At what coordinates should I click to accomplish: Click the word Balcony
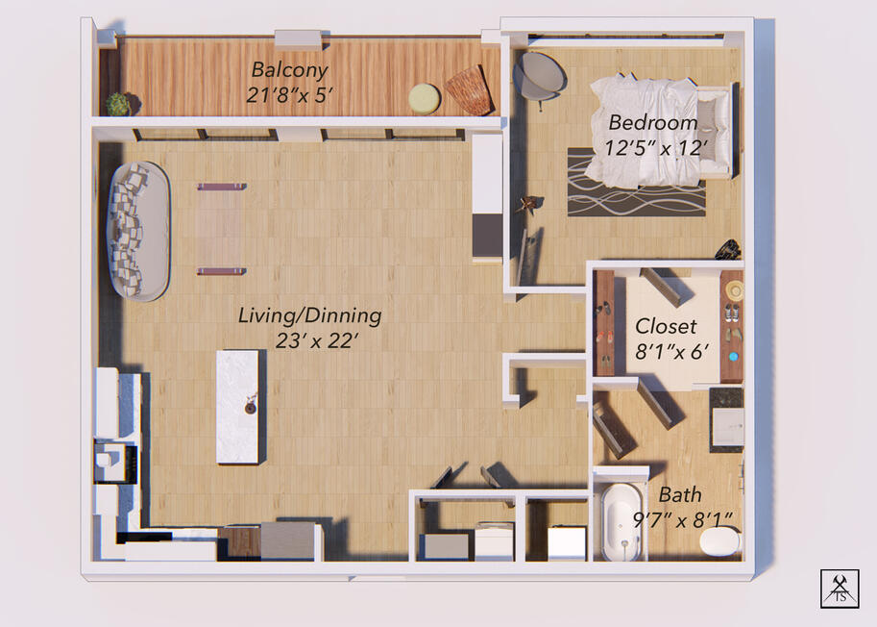[x=289, y=70]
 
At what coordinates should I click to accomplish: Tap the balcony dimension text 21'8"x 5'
[x=289, y=96]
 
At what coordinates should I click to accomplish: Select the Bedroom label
[x=652, y=123]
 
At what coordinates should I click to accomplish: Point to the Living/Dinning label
[x=309, y=315]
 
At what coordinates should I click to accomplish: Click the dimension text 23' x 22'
[x=309, y=340]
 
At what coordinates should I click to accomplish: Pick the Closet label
[x=666, y=326]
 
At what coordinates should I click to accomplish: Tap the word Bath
[x=679, y=495]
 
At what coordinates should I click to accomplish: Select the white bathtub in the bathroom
[x=621, y=520]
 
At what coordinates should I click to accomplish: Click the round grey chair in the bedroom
[x=540, y=74]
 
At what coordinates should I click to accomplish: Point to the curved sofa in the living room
[x=137, y=231]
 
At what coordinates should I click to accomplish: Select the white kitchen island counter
[x=237, y=405]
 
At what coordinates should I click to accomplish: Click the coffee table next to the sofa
[x=221, y=229]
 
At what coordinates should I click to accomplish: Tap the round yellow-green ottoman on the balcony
[x=424, y=97]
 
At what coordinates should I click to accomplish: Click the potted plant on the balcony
[x=117, y=104]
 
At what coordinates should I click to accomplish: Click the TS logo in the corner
[x=839, y=589]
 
